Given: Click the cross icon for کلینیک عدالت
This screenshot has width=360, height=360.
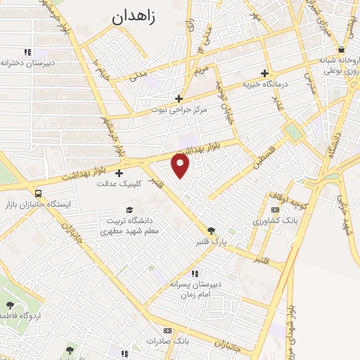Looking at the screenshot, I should coord(119,173).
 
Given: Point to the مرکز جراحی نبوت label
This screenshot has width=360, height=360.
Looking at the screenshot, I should coord(180,110).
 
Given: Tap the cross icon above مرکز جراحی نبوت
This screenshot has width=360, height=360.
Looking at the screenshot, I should coord(179,98).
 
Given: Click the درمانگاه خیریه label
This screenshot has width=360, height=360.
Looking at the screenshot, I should coord(266,84).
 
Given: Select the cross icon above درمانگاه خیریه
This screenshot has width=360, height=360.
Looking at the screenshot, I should coord(265,73).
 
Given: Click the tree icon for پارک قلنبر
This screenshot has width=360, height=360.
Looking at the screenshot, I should coord(211,231).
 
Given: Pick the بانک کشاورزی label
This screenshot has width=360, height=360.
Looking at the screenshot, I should coord(276,221).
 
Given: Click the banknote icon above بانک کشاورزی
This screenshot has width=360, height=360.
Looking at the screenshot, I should coord(275,210).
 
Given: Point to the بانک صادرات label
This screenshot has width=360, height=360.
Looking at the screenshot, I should coord(169,341).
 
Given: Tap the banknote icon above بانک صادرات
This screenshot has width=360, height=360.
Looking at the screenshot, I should coord(167,330).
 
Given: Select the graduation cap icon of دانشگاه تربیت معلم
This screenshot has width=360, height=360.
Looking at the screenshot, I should coord(129,210).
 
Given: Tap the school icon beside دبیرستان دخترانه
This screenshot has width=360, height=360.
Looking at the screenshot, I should coord(27,52).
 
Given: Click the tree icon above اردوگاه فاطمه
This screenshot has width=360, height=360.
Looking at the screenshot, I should coord(11,305).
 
